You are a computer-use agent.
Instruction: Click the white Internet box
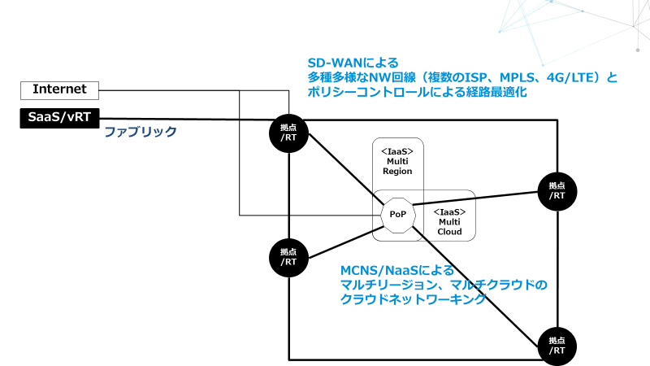(58, 89)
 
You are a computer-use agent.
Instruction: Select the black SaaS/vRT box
(58, 118)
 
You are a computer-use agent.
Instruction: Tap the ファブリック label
(140, 131)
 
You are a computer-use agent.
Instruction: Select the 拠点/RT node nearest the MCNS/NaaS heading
(288, 257)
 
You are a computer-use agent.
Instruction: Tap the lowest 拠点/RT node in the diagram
(557, 345)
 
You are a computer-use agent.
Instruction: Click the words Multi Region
(398, 166)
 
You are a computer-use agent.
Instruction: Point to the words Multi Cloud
(449, 226)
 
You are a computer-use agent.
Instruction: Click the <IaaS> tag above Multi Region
(398, 150)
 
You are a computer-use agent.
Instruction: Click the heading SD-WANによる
(352, 63)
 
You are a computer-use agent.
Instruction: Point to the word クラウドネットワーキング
(413, 299)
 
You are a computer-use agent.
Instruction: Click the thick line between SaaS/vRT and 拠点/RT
(187, 120)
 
